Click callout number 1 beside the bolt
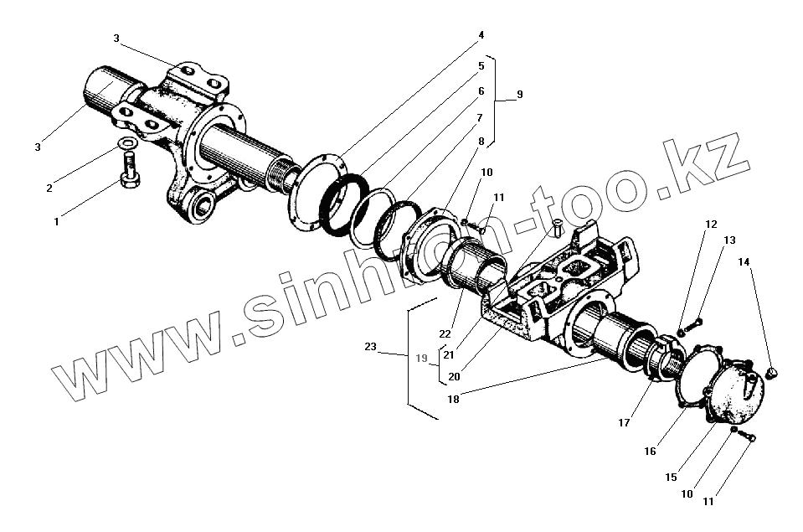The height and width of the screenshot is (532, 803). (56, 222)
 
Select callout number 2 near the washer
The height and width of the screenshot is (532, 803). (49, 188)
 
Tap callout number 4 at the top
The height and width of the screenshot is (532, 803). (481, 35)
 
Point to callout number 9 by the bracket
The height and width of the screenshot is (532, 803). (519, 95)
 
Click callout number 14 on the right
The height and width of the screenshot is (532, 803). (744, 262)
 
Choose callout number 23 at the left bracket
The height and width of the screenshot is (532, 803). (371, 346)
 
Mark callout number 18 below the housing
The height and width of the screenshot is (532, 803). (453, 400)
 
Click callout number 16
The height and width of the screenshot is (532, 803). (650, 451)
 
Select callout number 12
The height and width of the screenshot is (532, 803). (711, 225)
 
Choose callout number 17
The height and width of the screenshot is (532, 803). (624, 423)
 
